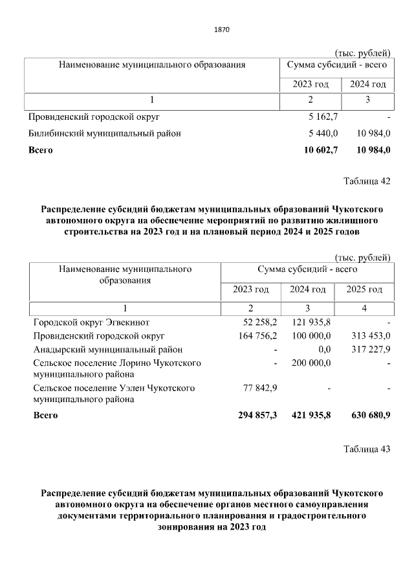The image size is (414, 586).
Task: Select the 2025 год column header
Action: (364, 289)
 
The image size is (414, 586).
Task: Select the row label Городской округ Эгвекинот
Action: (91, 322)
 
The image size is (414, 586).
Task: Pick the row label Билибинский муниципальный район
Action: (105, 133)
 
